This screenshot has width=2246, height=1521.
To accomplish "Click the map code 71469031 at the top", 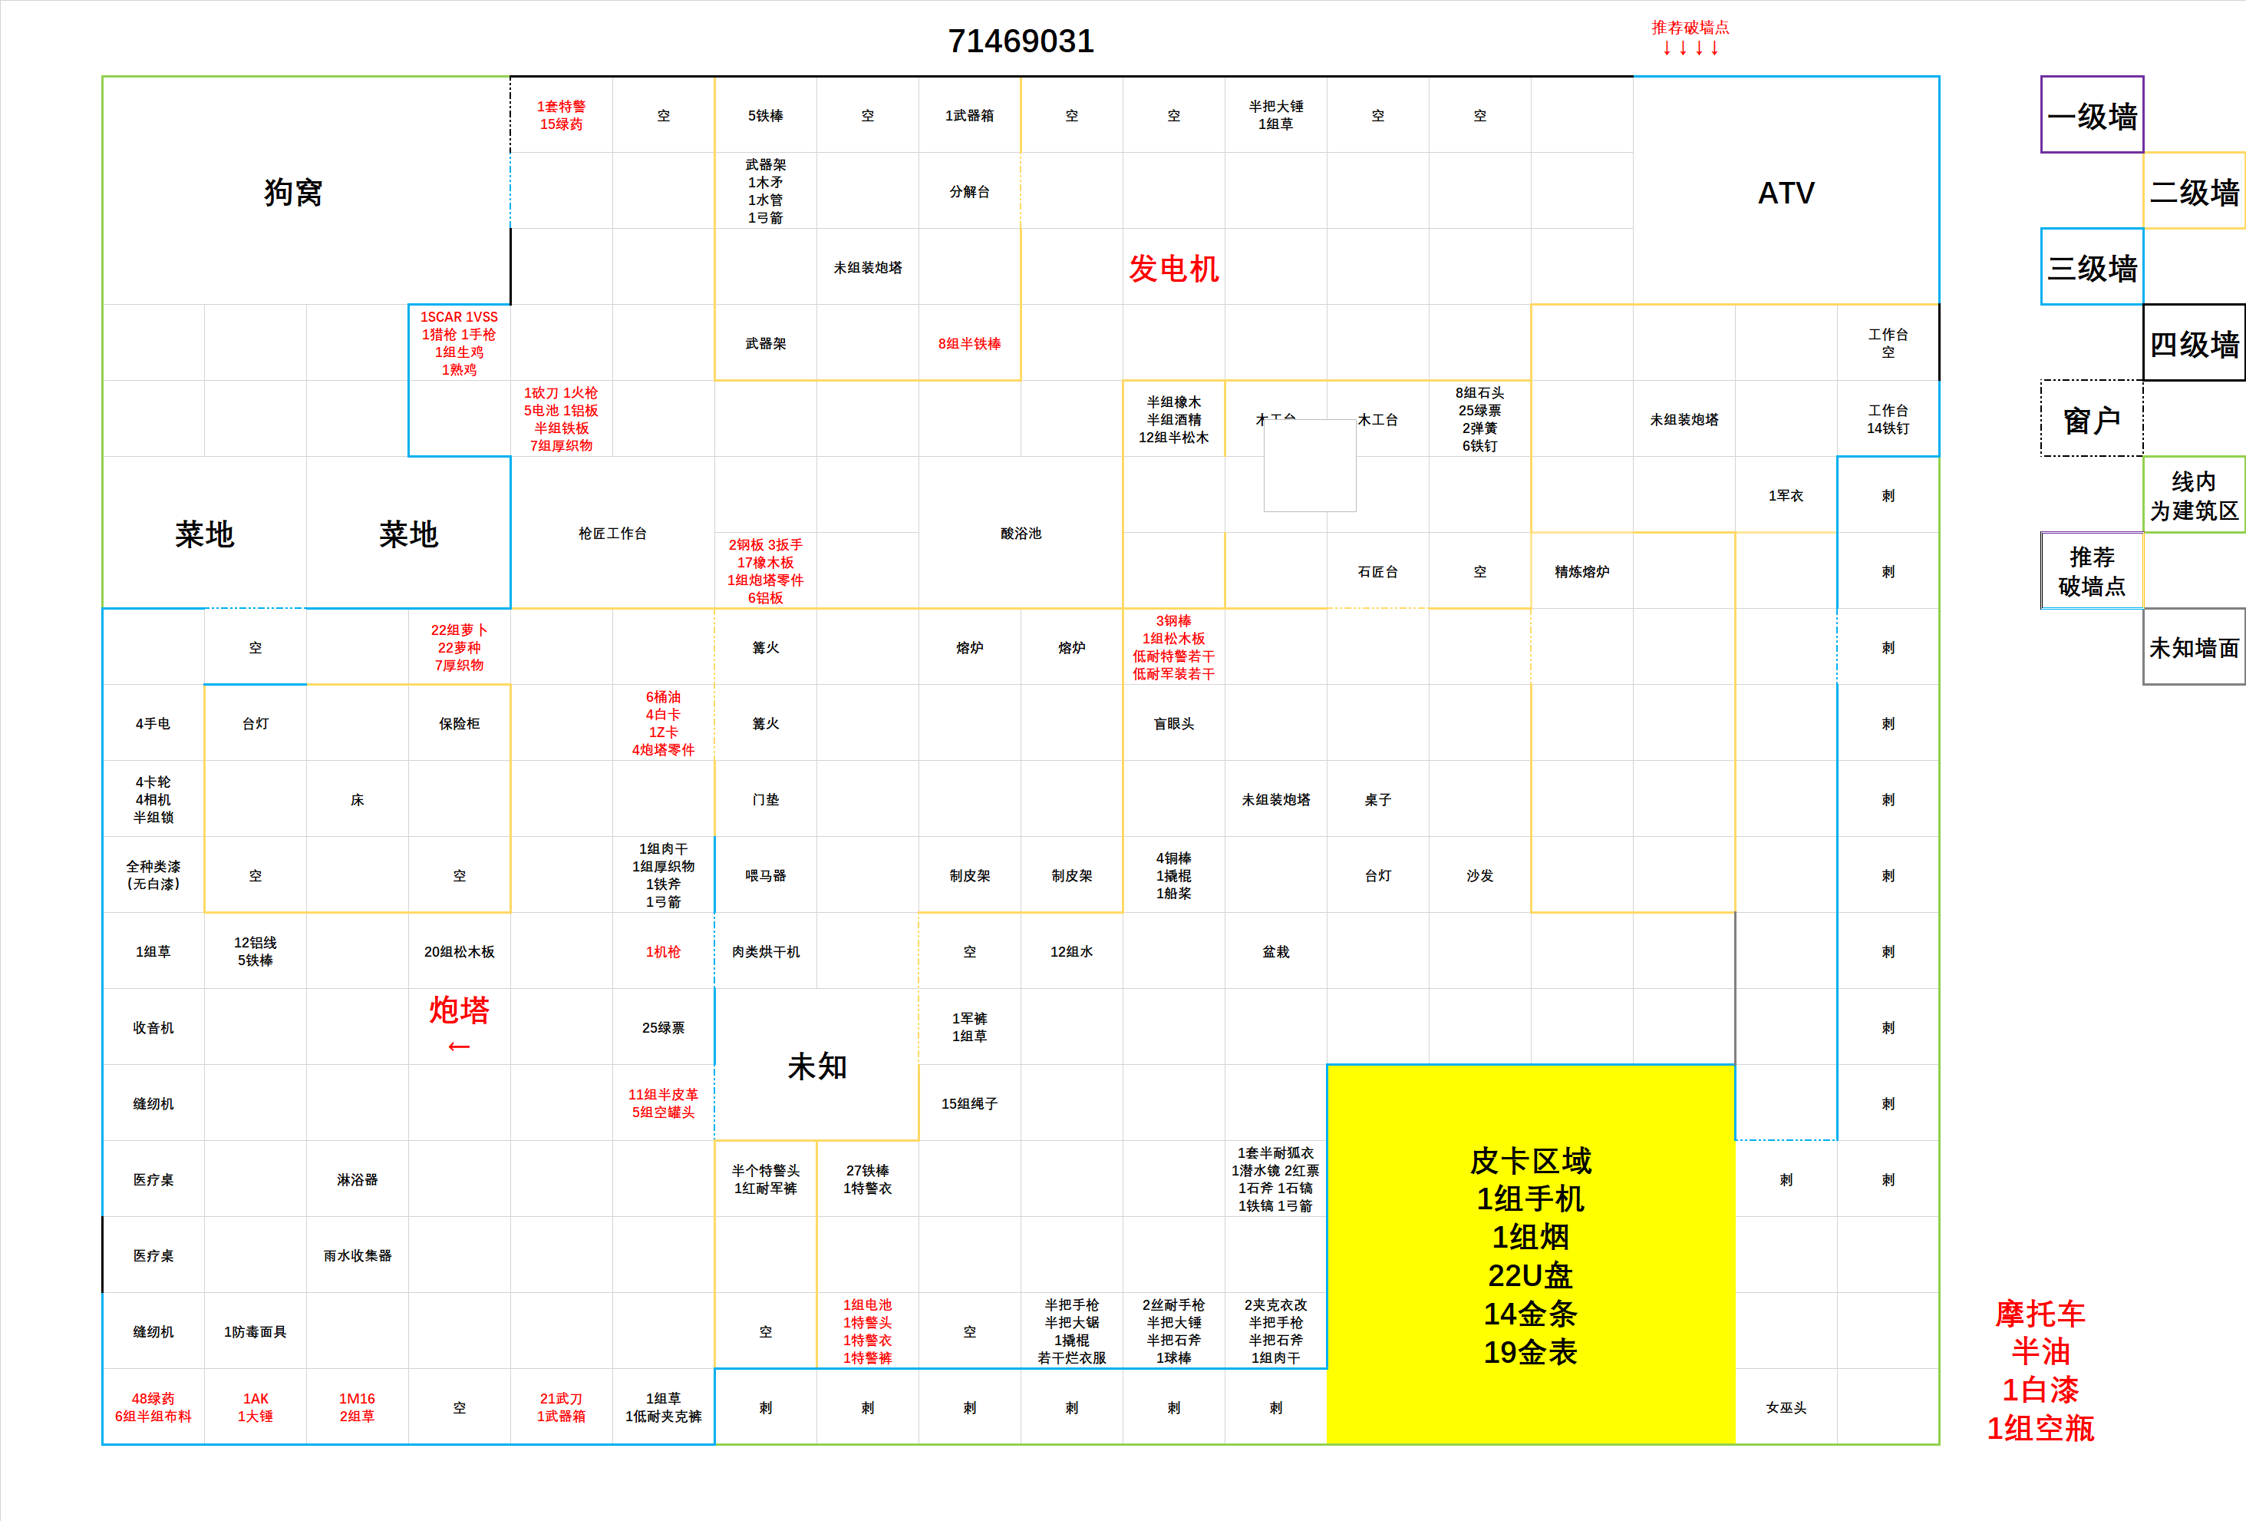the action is point(1021,41).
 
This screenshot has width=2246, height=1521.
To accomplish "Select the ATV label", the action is point(1786,193).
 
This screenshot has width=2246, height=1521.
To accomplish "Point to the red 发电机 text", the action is point(1173,268).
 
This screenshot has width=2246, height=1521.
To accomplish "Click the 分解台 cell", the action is point(969,191).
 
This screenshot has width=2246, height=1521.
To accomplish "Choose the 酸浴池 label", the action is point(1021,533).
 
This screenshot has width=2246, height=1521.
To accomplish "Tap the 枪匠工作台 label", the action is point(613,533).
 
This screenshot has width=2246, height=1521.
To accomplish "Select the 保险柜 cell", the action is point(459,723).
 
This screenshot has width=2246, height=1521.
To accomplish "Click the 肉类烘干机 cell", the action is point(765,951).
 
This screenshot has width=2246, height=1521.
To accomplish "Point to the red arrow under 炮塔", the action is point(459,1047).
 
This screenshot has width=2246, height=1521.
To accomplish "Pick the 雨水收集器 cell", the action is point(358,1255).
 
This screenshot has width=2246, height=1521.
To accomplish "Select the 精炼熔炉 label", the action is point(1582,571).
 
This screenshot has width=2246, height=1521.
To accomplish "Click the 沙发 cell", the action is point(1479,875).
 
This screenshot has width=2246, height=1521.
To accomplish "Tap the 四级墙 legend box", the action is point(2194,343).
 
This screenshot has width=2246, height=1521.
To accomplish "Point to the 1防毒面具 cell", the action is point(255,1331).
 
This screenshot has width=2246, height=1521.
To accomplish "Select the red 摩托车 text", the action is point(2040,1313).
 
